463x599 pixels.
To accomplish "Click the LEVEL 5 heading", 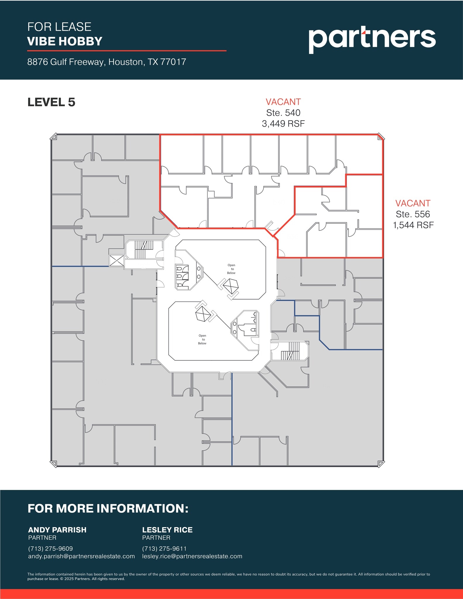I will pos(51,102).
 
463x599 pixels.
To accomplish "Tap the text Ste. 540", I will pos(283,113).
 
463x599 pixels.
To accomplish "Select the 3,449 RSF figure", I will pos(283,124).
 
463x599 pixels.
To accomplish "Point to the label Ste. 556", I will pos(413,214).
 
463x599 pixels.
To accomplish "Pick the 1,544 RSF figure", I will pos(413,225).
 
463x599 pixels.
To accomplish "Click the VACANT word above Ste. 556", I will pos(413,203).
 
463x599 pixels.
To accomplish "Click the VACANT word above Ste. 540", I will pos(283,102).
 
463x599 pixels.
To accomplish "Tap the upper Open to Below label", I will pos(231,269).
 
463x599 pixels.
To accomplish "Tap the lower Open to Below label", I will pos(202,340).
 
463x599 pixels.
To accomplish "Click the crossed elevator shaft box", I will pos(116,260).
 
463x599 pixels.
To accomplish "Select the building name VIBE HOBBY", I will pos(65,41).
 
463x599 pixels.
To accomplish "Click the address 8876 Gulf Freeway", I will pos(106,62).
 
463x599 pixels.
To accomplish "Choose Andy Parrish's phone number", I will pos(50,549).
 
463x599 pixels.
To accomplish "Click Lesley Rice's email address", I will pos(192,556).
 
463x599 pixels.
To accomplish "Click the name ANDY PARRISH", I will pos(57,530).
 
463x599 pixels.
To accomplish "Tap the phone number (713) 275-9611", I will pos(164,549).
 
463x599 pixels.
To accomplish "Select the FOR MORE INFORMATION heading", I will pos(108,509).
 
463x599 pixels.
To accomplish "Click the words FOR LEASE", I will pos(59,27).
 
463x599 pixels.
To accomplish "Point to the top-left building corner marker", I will pos(54,137).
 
